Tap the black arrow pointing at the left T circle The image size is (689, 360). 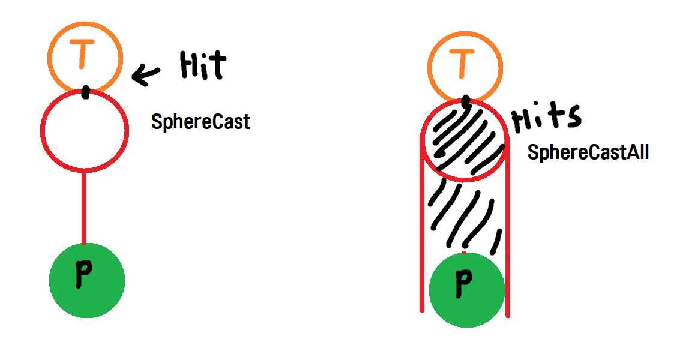[x=146, y=75]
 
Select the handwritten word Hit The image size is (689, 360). [x=203, y=65]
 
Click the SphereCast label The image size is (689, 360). [x=200, y=122]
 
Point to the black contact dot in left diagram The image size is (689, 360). [x=86, y=92]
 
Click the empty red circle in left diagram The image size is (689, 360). [x=85, y=129]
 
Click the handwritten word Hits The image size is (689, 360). [x=546, y=118]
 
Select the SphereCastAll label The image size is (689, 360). [x=588, y=152]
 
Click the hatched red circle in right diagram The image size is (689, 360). [x=463, y=139]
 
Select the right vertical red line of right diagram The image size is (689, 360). [x=508, y=228]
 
